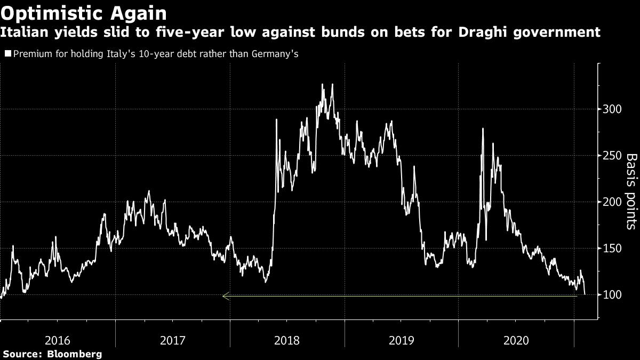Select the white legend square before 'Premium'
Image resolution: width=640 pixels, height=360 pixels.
click(8, 54)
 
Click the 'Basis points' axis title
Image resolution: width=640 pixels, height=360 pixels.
click(631, 192)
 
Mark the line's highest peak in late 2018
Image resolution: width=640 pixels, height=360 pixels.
click(323, 84)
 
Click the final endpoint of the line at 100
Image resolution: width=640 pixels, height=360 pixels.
click(585, 294)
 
